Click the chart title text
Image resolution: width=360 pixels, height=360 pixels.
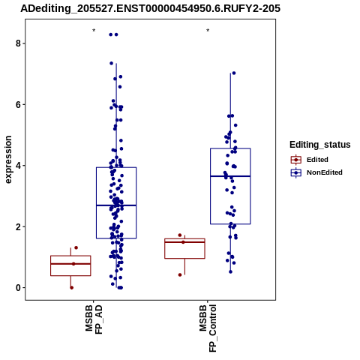click(x=150, y=9)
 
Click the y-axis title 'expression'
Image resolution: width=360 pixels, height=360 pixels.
click(x=8, y=160)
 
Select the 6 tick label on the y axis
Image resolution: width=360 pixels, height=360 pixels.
click(x=17, y=104)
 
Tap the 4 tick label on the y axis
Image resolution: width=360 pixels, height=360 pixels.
click(x=17, y=166)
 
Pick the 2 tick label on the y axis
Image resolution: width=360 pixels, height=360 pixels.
click(x=17, y=226)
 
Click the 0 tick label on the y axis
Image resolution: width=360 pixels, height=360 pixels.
click(x=17, y=288)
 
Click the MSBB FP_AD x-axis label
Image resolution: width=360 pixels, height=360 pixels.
click(x=94, y=319)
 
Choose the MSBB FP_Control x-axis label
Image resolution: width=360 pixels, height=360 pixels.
click(x=208, y=328)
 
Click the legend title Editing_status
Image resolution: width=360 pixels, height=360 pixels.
click(x=320, y=145)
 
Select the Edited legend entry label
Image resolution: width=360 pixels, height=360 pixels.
click(x=317, y=160)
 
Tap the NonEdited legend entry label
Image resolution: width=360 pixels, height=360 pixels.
click(x=325, y=172)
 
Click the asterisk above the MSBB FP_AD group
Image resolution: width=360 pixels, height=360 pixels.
click(x=94, y=31)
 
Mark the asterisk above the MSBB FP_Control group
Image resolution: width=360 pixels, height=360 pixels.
click(x=208, y=31)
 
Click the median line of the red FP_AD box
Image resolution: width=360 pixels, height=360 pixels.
click(x=70, y=264)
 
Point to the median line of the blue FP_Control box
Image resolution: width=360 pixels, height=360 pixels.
click(x=230, y=176)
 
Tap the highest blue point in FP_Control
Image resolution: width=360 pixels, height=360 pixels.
click(x=234, y=73)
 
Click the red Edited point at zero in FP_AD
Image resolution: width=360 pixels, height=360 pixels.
click(x=71, y=288)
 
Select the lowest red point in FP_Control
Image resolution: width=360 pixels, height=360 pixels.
click(x=180, y=275)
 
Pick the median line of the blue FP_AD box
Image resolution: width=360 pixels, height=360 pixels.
click(x=116, y=205)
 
